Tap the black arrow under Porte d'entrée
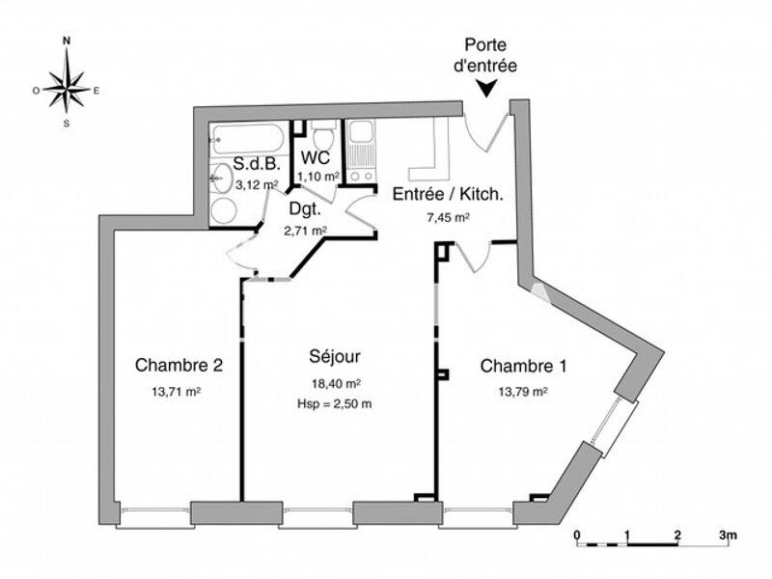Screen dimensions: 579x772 tap(489, 88)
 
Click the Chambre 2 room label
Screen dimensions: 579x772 tap(179, 366)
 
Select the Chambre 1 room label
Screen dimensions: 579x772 tap(524, 366)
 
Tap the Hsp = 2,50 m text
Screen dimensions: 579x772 tap(335, 403)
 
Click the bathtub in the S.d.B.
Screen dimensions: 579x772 tap(247, 137)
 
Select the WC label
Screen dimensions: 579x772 tap(317, 156)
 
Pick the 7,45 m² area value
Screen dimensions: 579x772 tap(448, 218)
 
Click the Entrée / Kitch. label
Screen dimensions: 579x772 tap(447, 194)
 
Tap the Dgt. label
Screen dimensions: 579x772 tap(304, 207)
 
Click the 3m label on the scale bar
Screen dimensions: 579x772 tap(728, 534)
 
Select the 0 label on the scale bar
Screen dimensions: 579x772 tap(576, 534)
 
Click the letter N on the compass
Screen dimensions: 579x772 tap(67, 41)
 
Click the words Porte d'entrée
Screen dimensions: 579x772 tap(490, 56)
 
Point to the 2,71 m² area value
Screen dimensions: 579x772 tap(305, 231)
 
